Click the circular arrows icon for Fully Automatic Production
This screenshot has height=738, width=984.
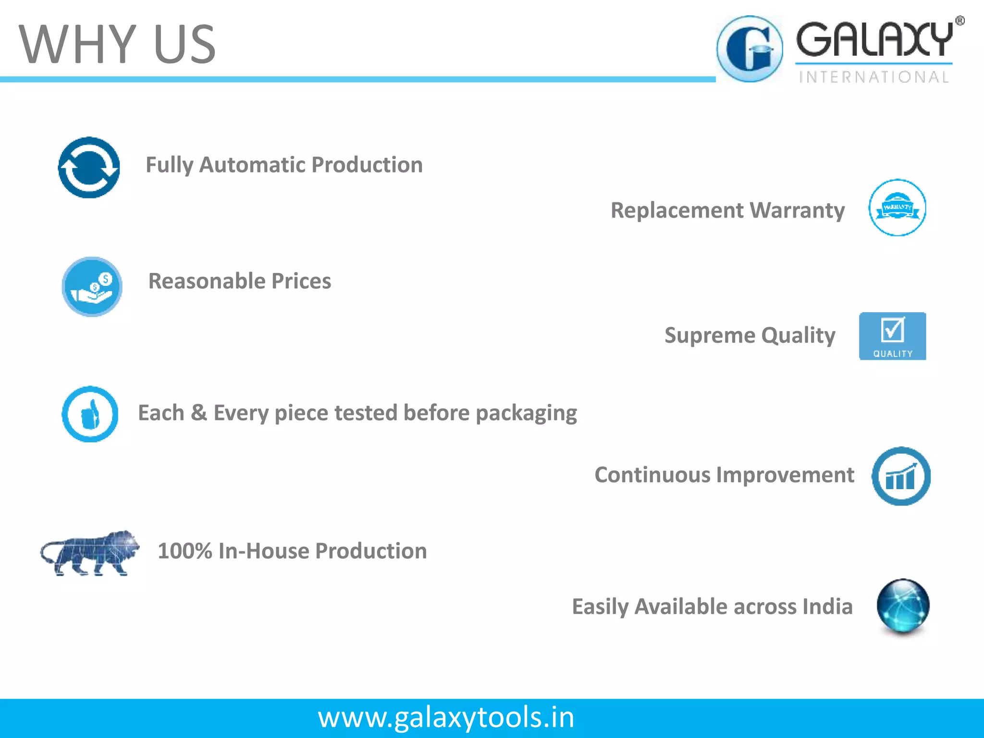pos(89,168)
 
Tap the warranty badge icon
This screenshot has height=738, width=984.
pos(897,208)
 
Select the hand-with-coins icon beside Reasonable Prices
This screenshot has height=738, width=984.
pos(92,287)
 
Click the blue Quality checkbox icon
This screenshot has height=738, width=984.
pos(892,336)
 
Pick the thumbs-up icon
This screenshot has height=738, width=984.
pos(90,414)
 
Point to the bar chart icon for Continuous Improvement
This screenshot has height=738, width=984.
pos(901,476)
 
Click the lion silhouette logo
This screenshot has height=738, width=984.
pos(90,553)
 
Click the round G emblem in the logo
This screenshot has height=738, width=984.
pos(750,49)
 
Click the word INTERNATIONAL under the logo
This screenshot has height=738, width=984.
pos(874,77)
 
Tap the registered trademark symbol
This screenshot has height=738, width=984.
pos(959,21)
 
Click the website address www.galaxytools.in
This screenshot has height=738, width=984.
pos(446,717)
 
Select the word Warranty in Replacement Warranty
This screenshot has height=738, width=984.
pos(797,210)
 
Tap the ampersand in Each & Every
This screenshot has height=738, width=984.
pos(199,413)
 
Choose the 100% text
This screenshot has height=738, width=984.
pos(184,551)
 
